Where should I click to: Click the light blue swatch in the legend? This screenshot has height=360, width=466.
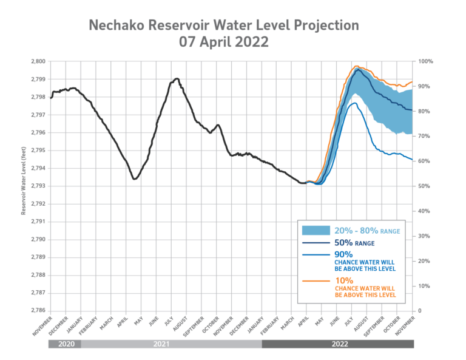coord(316,230)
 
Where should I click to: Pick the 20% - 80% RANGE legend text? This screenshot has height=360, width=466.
coord(367,230)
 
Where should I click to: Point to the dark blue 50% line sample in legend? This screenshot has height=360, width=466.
coord(316,243)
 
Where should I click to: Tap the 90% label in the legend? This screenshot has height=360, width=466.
coord(345,254)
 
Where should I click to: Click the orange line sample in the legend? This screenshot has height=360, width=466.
coord(316,282)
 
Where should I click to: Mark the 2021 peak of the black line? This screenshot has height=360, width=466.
coord(176,78)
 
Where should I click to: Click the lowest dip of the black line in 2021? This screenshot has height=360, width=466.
coord(135,178)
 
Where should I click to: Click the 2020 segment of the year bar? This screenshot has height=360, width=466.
coord(64,344)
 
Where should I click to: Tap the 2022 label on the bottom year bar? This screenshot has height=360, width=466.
coord(338,344)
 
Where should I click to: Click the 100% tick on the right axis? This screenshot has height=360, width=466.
coord(424,61)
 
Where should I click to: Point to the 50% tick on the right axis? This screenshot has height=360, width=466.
coord(424,186)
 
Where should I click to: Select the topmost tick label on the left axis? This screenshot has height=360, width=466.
coord(38,61)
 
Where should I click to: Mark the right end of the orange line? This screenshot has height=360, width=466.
coord(413,81)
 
